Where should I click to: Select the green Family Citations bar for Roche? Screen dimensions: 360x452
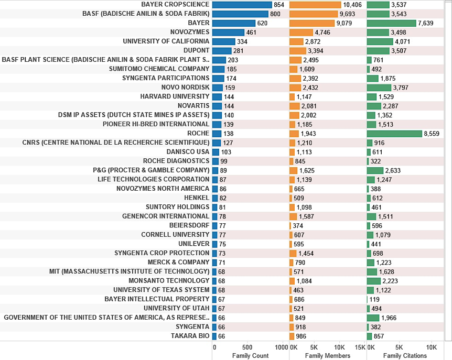[x=394, y=134]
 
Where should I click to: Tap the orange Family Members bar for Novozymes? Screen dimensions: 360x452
[x=301, y=32]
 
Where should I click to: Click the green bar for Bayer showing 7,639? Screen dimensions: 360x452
[x=391, y=23]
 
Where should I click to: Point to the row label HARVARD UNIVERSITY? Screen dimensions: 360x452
[x=175, y=96]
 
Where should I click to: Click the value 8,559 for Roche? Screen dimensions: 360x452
[x=433, y=134]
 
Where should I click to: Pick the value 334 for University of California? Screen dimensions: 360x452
[x=242, y=41]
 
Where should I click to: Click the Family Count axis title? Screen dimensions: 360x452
[x=250, y=356]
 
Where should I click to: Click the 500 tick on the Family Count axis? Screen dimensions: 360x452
[x=247, y=347]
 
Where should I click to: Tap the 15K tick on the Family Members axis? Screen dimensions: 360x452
[x=360, y=347]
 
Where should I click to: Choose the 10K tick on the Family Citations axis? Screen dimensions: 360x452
[x=431, y=347]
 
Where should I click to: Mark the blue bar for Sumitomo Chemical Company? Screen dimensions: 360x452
[x=218, y=69]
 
